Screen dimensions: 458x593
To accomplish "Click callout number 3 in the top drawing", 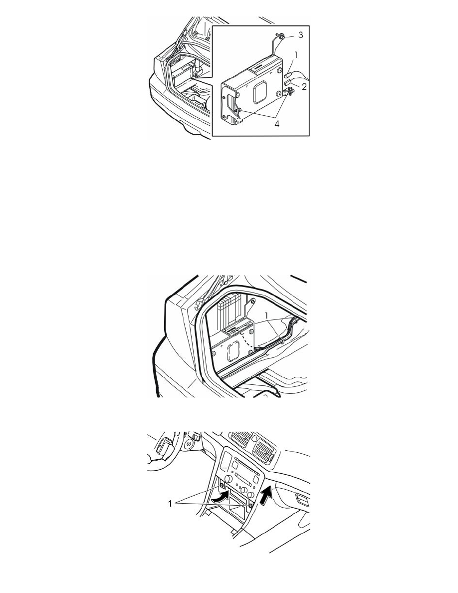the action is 300,35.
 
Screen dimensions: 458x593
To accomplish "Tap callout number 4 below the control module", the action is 277,124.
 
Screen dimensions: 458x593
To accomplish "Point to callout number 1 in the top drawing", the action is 296,55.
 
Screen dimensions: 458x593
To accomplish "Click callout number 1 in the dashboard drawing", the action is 171,503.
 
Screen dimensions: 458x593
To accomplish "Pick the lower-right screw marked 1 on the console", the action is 250,506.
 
